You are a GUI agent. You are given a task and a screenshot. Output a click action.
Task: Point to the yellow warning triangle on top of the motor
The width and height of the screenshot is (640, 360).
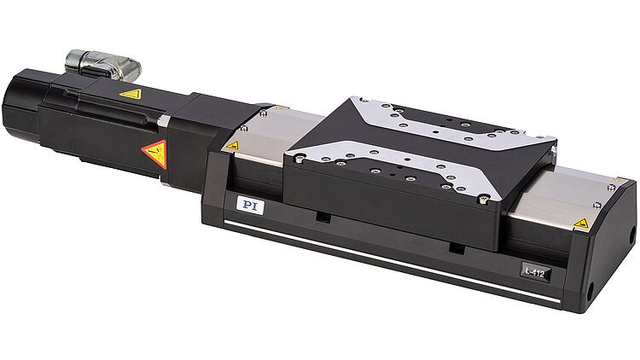click(x=130, y=95)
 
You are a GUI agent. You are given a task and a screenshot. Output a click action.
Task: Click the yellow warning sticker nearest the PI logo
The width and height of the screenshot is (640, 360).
click(x=231, y=146)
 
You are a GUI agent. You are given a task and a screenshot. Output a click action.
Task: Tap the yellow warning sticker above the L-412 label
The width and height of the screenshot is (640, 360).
click(x=581, y=224)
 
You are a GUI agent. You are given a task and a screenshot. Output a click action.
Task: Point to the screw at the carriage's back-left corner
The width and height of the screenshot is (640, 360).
click(x=352, y=103)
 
